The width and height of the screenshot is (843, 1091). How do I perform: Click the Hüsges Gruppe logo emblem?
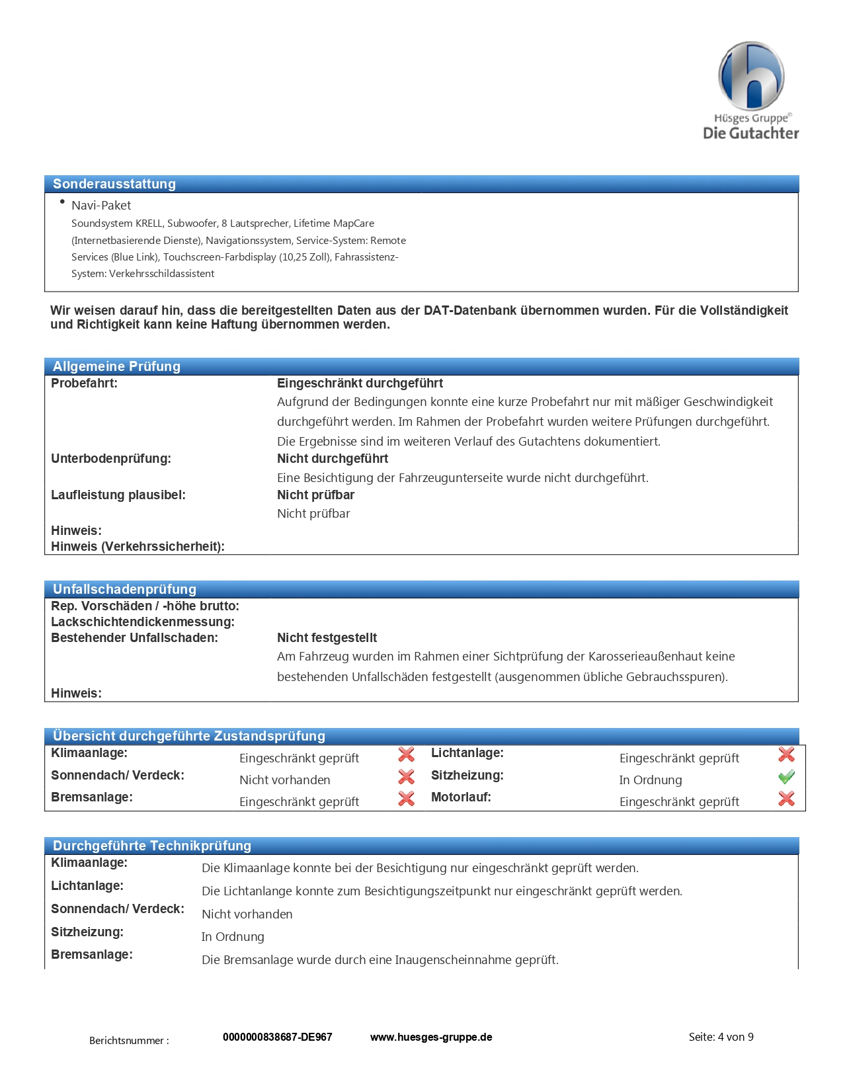750,76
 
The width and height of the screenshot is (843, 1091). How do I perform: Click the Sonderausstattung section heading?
114,184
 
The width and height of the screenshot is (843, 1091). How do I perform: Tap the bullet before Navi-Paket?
62,202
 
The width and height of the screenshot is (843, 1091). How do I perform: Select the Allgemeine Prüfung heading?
116,366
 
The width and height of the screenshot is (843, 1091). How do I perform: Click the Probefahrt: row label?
84,384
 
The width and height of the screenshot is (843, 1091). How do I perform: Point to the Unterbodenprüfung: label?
111,459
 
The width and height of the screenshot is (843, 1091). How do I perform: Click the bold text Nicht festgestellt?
327,638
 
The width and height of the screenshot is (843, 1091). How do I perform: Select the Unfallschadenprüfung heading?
124,589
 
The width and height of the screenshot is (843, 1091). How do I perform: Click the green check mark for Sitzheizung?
786,777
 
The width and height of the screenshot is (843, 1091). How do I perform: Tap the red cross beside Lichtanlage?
786,754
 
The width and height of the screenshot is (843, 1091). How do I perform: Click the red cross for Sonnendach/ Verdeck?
406,776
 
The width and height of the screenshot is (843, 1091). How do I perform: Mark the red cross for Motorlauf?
786,799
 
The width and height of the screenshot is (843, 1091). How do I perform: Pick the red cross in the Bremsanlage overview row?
406,799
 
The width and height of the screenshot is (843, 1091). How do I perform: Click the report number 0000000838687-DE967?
277,1037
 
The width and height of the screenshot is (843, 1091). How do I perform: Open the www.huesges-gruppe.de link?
431,1037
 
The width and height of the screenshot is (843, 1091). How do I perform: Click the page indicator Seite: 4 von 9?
721,1037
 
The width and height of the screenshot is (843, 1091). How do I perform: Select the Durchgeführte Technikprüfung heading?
152,846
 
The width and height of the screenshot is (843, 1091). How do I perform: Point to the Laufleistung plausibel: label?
118,495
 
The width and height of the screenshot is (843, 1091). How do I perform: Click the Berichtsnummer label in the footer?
129,1041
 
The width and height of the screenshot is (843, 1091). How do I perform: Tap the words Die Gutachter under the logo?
750,133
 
